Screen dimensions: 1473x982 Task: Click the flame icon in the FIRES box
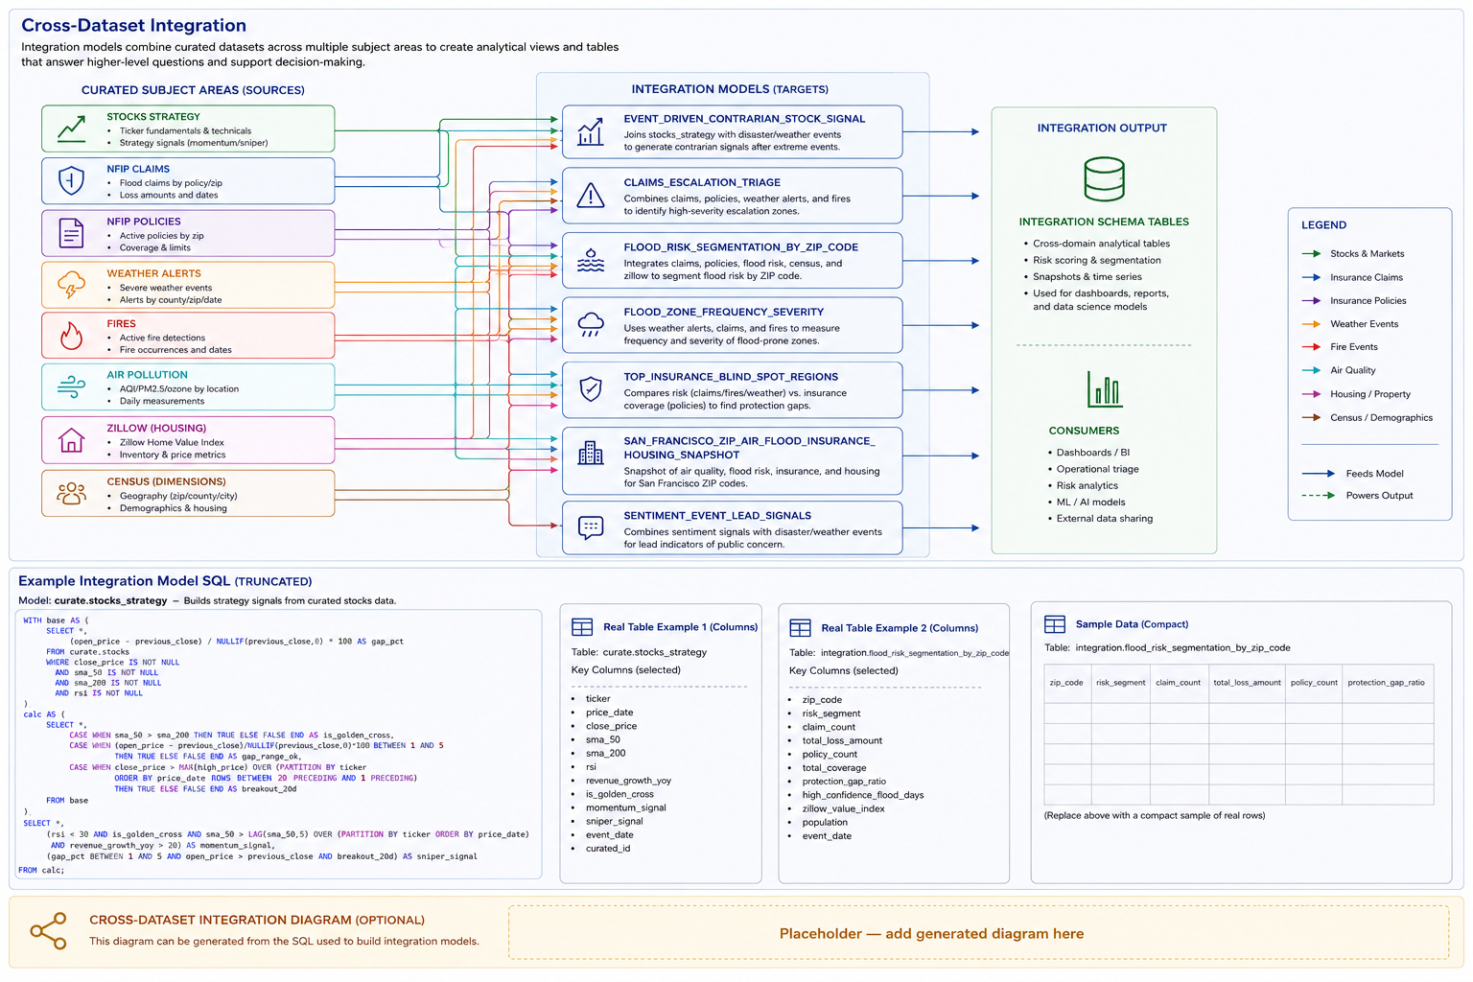point(71,336)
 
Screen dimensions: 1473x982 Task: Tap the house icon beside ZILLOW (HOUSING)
point(71,440)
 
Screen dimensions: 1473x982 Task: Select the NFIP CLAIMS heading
point(138,169)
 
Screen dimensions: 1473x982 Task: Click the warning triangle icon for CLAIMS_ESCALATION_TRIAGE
point(591,196)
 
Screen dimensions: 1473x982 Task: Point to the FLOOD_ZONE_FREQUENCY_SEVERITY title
point(723,312)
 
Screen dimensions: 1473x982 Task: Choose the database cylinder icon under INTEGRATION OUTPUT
point(1104,179)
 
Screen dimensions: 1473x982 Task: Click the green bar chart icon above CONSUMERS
point(1104,388)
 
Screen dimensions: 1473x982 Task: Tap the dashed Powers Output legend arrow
point(1318,495)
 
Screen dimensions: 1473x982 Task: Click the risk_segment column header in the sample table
point(1120,683)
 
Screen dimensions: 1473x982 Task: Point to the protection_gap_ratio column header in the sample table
point(1386,683)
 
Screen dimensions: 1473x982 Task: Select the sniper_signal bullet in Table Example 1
point(614,821)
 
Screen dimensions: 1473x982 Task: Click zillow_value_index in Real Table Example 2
point(843,808)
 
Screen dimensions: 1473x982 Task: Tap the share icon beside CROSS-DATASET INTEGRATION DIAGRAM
point(49,931)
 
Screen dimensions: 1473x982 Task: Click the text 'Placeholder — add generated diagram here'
point(931,933)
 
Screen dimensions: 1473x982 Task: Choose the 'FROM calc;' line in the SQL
point(41,870)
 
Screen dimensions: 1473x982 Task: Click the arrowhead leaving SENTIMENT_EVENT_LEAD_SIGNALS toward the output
point(975,527)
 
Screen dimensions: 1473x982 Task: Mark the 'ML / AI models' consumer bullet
point(1090,502)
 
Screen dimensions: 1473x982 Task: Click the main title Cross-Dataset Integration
point(133,25)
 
